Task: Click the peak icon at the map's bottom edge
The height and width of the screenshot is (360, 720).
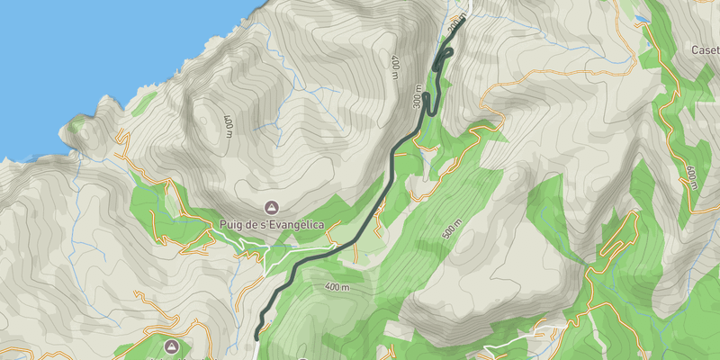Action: pos(171,346)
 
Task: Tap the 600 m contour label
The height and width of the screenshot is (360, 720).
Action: pos(691,176)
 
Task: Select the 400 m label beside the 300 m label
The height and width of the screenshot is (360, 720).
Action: pos(395,67)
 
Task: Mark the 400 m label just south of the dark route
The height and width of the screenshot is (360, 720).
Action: pos(337,287)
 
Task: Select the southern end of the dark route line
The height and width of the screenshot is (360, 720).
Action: pos(257,336)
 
